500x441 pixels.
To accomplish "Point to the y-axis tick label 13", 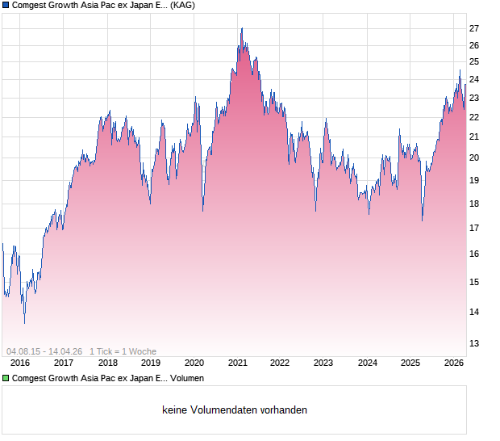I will [474, 342].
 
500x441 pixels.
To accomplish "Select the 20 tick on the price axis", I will [474, 157].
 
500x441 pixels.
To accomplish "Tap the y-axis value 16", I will [474, 254].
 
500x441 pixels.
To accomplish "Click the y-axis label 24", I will [474, 79].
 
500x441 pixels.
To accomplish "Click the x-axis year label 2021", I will [237, 363].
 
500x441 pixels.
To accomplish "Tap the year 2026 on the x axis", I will [454, 363].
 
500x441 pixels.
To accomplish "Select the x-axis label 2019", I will [151, 363].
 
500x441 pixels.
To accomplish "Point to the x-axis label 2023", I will [323, 363].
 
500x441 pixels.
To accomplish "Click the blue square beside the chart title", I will [6, 6].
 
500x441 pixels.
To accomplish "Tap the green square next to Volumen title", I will [6, 378].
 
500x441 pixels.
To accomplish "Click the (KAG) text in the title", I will [182, 6].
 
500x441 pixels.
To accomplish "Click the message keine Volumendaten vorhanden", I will [235, 410].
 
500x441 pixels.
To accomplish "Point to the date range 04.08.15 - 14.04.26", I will [44, 351].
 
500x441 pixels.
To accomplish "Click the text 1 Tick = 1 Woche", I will [123, 351].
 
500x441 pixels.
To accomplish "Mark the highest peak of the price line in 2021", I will [241, 29].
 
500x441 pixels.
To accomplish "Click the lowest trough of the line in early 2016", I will [24, 323].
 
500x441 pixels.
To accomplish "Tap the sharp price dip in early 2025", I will [423, 220].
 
